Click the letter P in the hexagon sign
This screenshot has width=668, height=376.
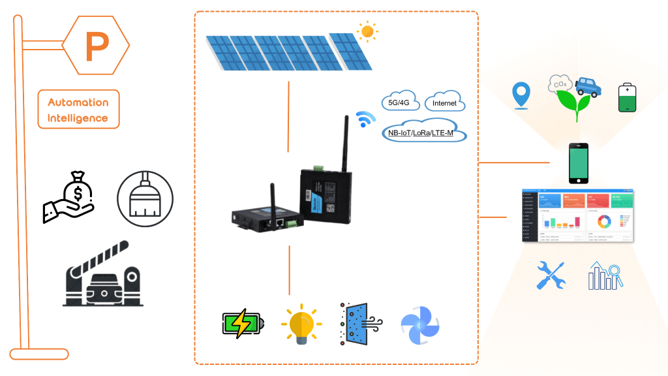pyautogui.click(x=97, y=46)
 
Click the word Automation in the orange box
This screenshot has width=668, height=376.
pyautogui.click(x=78, y=102)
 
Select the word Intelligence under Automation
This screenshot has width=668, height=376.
pyautogui.click(x=78, y=118)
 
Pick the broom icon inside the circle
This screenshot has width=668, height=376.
pyautogui.click(x=145, y=198)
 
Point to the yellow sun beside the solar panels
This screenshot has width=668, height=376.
pyautogui.click(x=367, y=31)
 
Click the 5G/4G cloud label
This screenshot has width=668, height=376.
pyautogui.click(x=399, y=102)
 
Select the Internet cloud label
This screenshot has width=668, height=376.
pyautogui.click(x=444, y=103)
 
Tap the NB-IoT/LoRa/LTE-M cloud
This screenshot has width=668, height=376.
pyautogui.click(x=423, y=133)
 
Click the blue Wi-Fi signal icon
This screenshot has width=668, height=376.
pyautogui.click(x=365, y=120)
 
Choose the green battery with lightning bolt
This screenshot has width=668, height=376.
pyautogui.click(x=243, y=323)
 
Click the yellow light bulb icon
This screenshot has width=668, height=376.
pyautogui.click(x=300, y=324)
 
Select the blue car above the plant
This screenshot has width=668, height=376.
pyautogui.click(x=587, y=87)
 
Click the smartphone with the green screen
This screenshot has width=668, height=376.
pyautogui.click(x=578, y=163)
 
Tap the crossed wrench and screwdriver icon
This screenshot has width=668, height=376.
pyautogui.click(x=550, y=275)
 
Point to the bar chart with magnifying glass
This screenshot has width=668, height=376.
pyautogui.click(x=605, y=275)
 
